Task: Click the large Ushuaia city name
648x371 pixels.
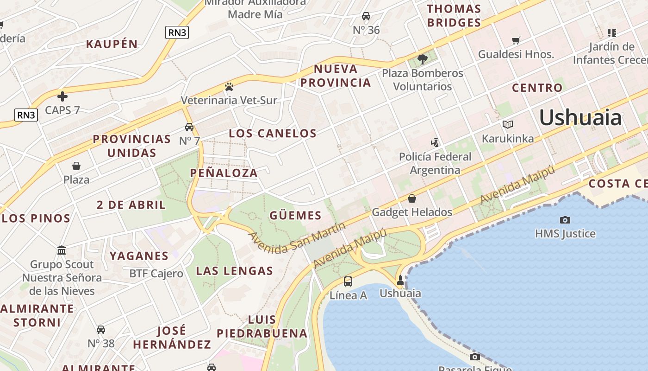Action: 580,118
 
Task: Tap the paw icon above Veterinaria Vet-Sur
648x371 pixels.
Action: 229,87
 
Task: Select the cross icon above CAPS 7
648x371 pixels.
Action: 62,96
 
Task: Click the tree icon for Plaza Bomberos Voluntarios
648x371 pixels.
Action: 422,59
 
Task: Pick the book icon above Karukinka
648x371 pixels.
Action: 508,125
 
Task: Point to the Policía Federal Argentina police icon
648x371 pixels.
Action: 435,143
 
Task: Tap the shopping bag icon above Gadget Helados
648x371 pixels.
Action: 411,198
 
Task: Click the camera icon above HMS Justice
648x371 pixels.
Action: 565,220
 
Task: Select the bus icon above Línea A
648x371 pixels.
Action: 348,281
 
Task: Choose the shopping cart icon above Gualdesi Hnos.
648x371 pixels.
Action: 516,41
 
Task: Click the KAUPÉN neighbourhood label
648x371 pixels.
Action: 112,45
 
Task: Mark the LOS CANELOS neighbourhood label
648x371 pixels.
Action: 273,134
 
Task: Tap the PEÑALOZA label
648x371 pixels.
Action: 224,173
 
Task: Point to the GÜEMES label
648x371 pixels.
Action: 295,215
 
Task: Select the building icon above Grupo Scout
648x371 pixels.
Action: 62,251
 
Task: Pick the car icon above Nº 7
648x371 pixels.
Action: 189,127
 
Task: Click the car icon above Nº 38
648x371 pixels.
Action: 101,330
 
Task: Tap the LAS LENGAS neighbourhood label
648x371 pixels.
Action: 234,271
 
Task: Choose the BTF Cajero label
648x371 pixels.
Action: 156,274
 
